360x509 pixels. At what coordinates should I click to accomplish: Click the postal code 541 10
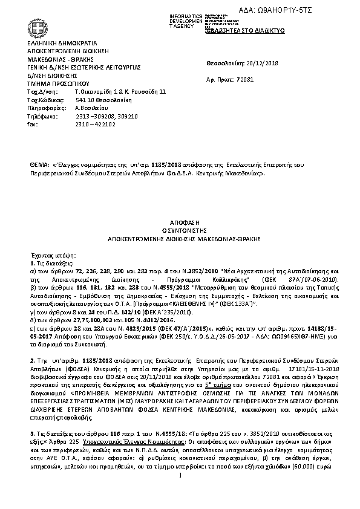pos(83,100)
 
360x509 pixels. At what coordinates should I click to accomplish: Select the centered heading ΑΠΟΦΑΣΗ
pos(180,223)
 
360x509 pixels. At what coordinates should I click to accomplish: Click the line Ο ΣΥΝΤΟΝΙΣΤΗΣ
pos(180,231)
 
